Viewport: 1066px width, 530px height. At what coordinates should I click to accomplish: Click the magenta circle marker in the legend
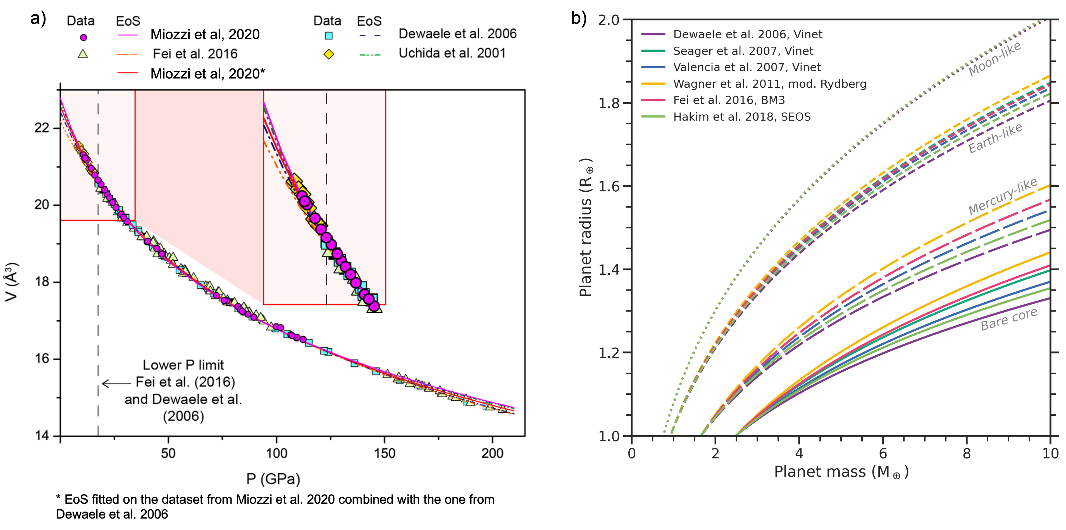(x=83, y=37)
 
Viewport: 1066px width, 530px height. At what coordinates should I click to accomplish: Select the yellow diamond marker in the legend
(x=329, y=54)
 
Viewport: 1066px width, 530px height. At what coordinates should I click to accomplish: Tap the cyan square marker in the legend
(x=329, y=35)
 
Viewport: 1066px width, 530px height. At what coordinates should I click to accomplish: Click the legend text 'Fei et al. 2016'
(x=195, y=54)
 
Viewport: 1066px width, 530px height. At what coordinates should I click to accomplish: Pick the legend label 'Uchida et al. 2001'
(x=452, y=53)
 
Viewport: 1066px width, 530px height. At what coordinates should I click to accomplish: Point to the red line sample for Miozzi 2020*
(x=128, y=73)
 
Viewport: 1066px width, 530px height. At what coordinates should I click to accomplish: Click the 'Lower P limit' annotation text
(x=183, y=365)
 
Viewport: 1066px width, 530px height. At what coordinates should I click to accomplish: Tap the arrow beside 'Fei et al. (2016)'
(x=116, y=383)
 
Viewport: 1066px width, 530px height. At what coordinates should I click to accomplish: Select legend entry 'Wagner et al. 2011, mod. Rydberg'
(x=769, y=84)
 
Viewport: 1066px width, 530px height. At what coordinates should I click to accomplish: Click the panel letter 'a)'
(x=38, y=19)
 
